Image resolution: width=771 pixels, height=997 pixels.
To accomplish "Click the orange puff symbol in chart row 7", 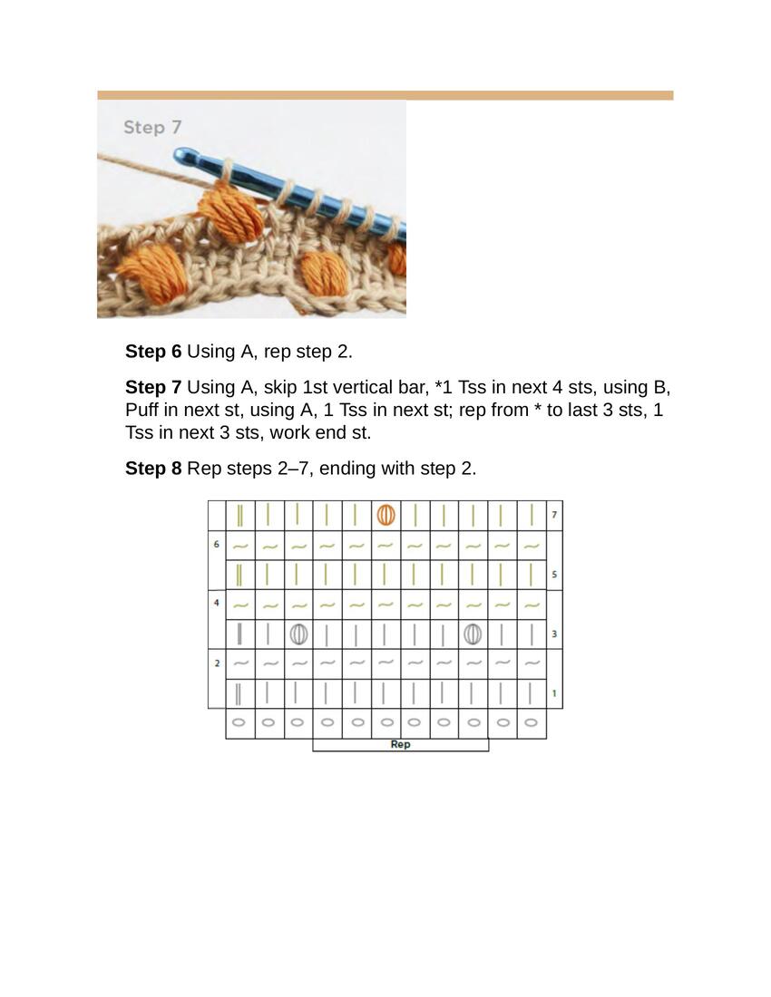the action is click(385, 515).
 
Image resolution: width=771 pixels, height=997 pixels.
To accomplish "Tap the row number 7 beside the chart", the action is click(554, 515).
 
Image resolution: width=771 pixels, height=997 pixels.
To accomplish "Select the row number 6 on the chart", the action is click(216, 545).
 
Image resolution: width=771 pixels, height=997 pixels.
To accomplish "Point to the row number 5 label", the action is click(554, 574).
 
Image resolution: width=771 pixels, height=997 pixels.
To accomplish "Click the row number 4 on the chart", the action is click(216, 603).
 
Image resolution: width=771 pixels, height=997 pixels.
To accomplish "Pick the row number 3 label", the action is click(554, 634).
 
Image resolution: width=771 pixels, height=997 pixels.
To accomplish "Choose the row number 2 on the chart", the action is click(216, 663).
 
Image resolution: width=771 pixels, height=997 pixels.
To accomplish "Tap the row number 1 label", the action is click(554, 693).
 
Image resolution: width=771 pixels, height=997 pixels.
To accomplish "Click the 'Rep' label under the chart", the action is click(400, 744).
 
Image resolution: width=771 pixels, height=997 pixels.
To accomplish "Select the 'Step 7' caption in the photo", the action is click(152, 127).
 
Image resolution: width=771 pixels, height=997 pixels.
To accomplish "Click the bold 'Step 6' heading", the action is click(153, 352).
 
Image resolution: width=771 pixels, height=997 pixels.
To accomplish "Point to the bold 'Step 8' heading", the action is click(153, 469).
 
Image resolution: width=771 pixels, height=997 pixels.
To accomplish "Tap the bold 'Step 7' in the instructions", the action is click(153, 387).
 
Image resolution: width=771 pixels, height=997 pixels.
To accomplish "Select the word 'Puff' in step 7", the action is click(142, 410).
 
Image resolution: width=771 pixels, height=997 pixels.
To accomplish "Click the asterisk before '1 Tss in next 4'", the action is click(438, 384).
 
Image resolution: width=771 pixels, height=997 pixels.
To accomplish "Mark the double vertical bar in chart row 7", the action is click(239, 515).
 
